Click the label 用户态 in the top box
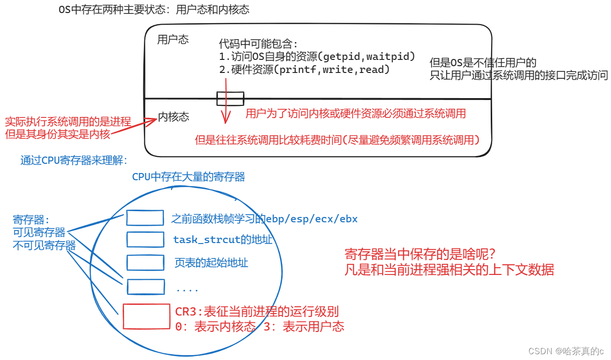(x=173, y=40)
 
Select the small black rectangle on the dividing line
(x=229, y=99)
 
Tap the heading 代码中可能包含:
(x=258, y=43)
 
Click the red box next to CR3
(x=146, y=317)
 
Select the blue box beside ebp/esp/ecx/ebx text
(x=145, y=218)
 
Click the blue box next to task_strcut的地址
(x=145, y=239)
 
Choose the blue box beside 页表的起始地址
(x=145, y=262)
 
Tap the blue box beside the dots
(x=145, y=287)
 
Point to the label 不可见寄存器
(x=44, y=245)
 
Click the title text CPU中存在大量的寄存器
(x=188, y=177)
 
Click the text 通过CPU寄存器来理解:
(x=74, y=161)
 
